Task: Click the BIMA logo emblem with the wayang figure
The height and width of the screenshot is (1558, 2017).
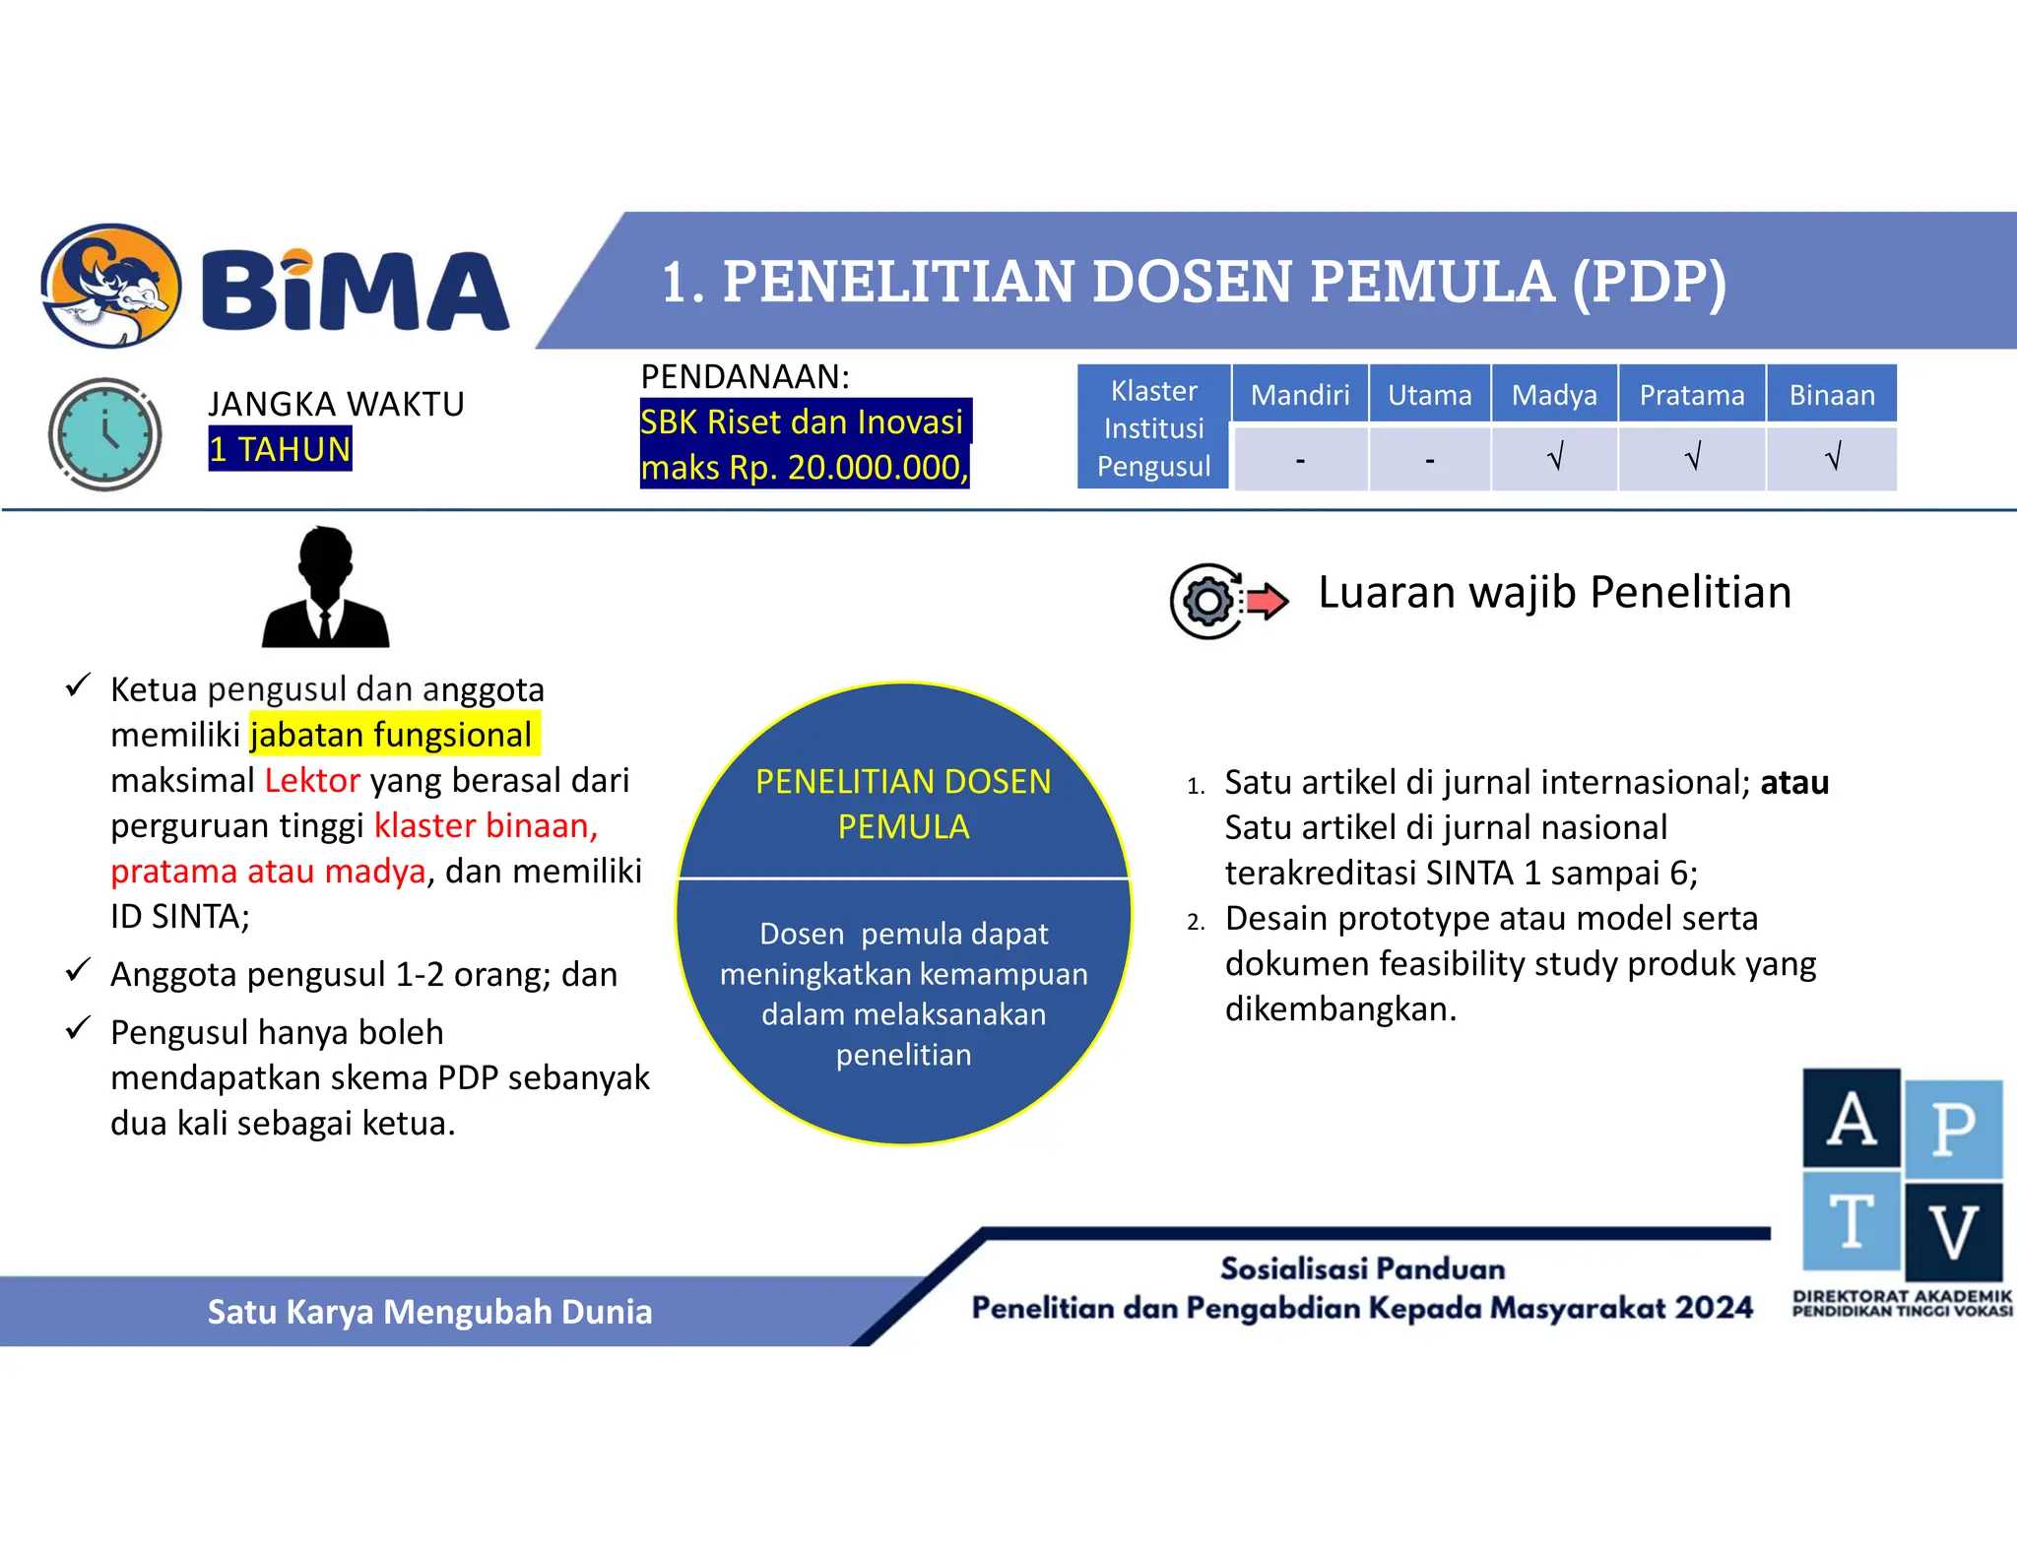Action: (110, 286)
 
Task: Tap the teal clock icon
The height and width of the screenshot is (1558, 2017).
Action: (104, 433)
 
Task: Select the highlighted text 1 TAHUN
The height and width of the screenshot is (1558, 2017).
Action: (280, 449)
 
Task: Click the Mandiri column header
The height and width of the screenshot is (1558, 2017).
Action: (1300, 395)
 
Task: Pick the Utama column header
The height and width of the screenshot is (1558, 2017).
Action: (1429, 395)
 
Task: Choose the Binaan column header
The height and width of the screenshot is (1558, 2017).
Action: (1832, 395)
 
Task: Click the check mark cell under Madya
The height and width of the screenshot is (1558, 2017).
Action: (1555, 458)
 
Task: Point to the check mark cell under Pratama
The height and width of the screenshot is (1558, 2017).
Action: (1692, 458)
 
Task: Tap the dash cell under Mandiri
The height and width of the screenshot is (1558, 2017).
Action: (1300, 460)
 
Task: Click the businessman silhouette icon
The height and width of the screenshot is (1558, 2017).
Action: (325, 588)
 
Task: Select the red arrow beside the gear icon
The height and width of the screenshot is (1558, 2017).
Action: (1266, 599)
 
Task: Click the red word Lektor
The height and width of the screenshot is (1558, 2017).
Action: (312, 780)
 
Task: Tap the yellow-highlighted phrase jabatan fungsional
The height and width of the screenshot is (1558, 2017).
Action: (391, 735)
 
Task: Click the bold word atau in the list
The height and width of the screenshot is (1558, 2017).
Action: (1794, 782)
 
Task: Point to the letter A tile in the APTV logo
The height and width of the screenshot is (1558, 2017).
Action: (1852, 1119)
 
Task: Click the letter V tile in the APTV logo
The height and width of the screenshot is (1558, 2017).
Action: (1954, 1231)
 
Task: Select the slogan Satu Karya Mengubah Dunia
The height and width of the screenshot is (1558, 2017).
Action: (429, 1312)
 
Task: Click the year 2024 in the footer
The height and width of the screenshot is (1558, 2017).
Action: (1715, 1308)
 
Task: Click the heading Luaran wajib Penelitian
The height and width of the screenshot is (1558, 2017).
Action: (1554, 593)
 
